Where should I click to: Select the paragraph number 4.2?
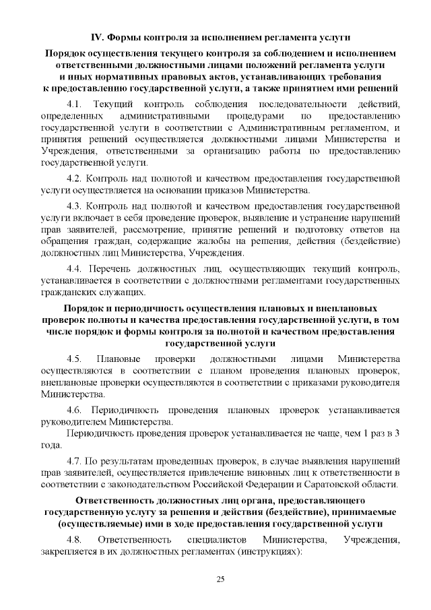pyautogui.click(x=74, y=179)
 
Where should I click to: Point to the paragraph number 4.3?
pyautogui.click(x=74, y=205)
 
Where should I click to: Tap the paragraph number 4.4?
pyautogui.click(x=74, y=269)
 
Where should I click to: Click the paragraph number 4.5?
pyautogui.click(x=74, y=358)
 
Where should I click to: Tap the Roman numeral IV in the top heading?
pyautogui.click(x=98, y=36)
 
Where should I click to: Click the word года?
pyautogui.click(x=51, y=446)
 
